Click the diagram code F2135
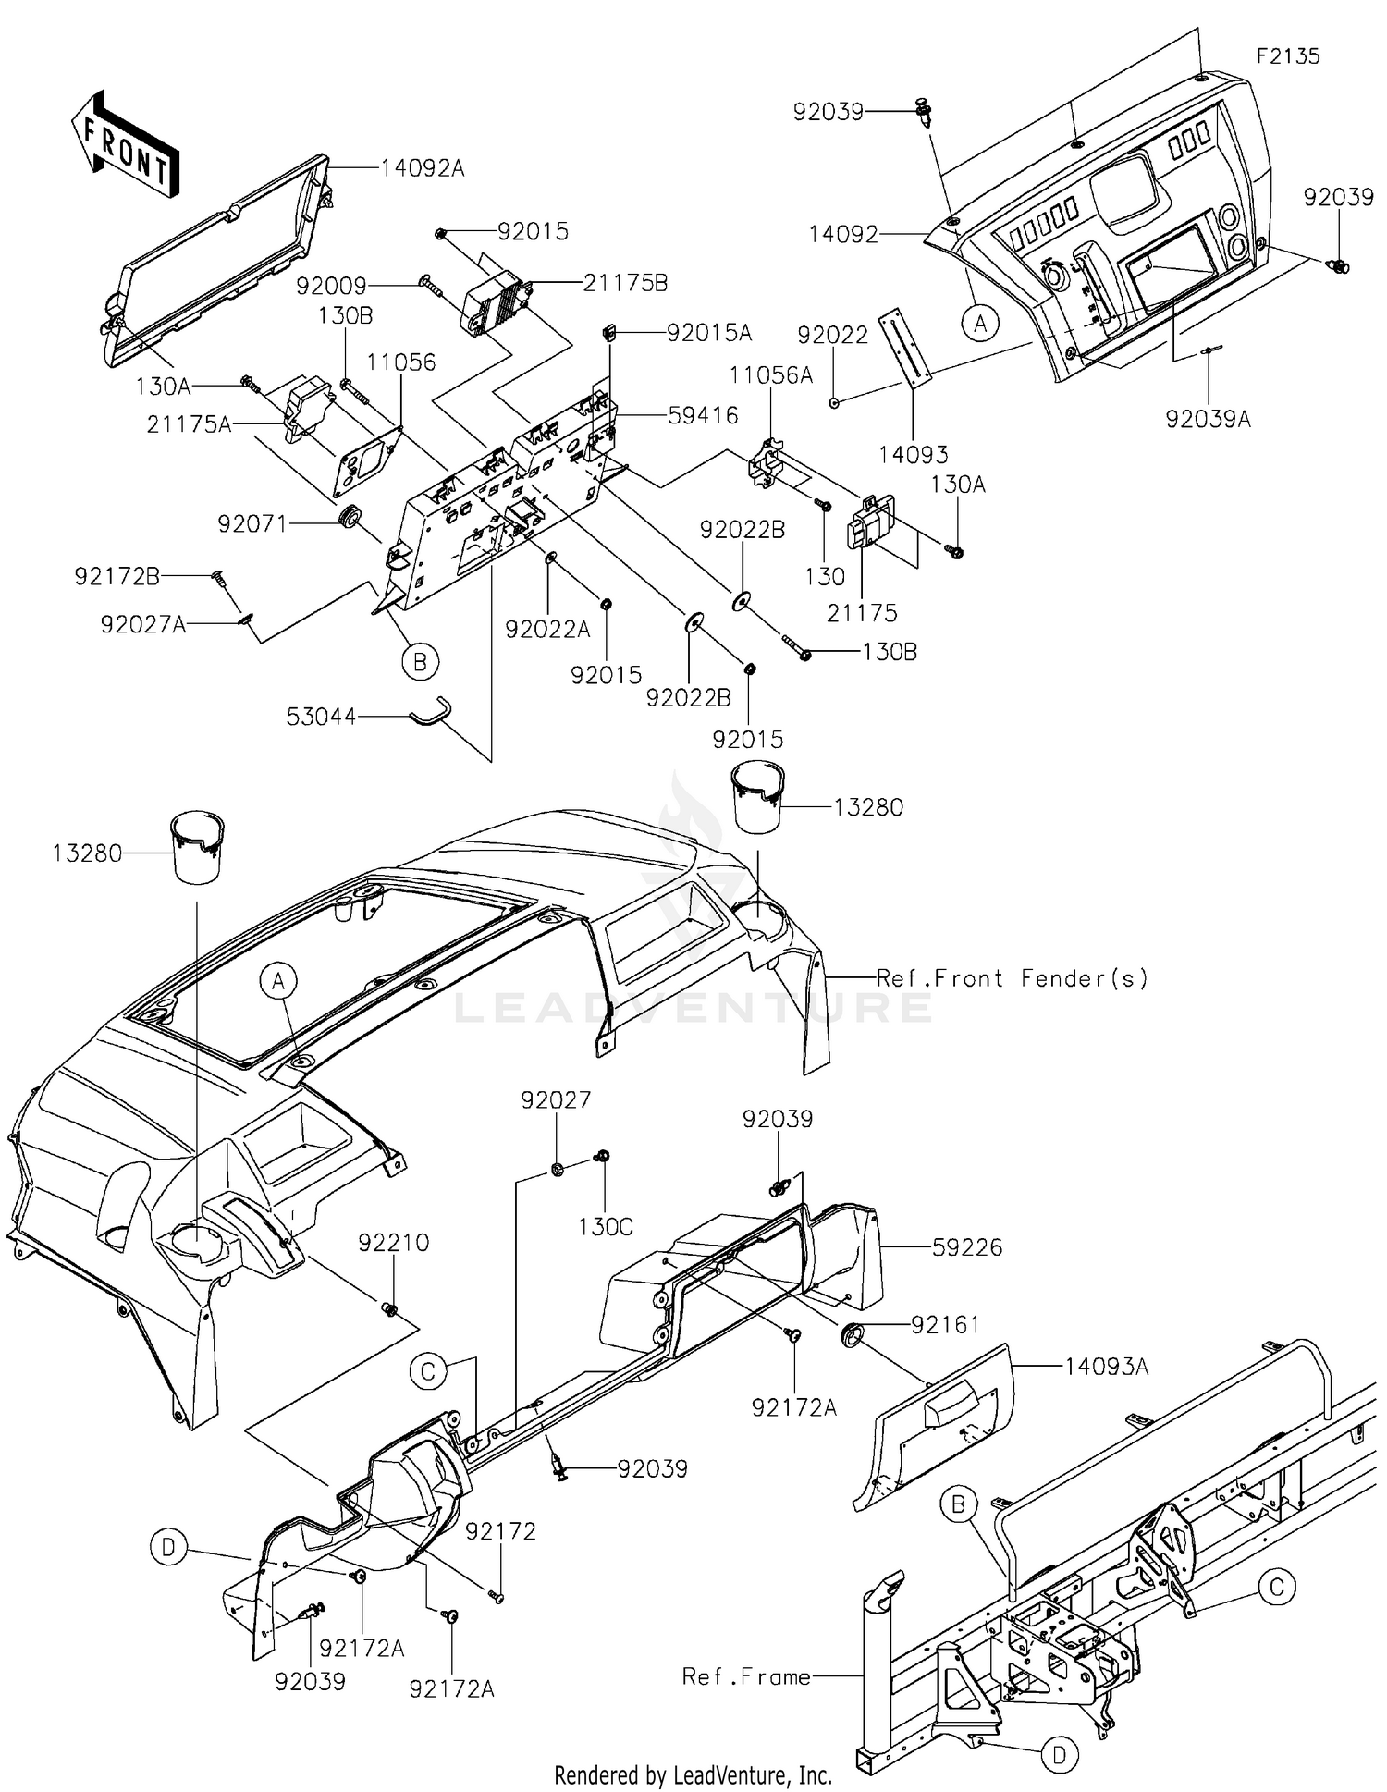[1288, 55]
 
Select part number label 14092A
[423, 168]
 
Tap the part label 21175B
[625, 283]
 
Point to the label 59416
[704, 416]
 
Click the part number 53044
[321, 716]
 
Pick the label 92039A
[1208, 419]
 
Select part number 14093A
[1107, 1366]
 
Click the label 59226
[967, 1247]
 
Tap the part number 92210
[394, 1242]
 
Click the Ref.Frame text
[746, 1676]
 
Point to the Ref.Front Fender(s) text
[1013, 977]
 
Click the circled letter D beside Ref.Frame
[1060, 1754]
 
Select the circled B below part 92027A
[420, 662]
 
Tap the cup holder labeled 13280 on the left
[198, 848]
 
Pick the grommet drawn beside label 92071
[350, 517]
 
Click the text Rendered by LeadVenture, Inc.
[693, 1774]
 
